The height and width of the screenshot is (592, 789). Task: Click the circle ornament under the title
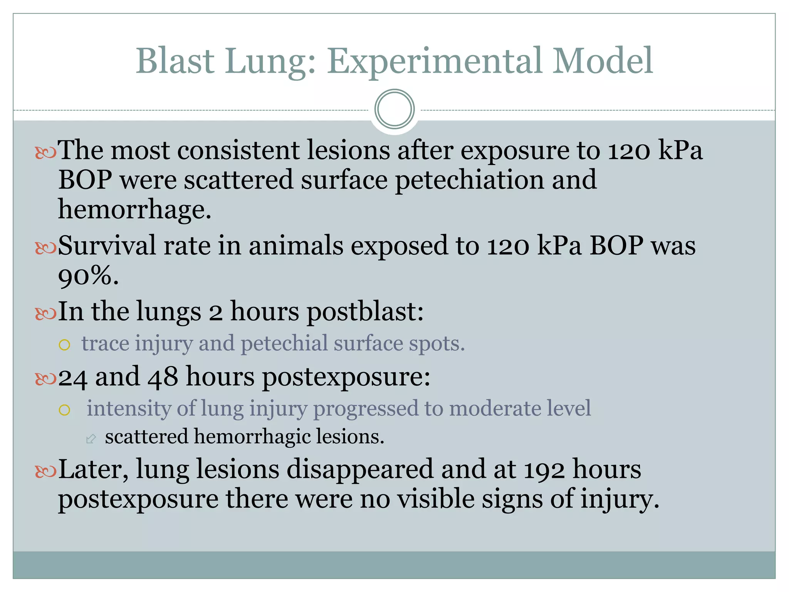pos(394,109)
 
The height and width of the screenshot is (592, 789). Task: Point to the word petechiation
pos(470,180)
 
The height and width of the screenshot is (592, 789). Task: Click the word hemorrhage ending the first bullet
pos(134,209)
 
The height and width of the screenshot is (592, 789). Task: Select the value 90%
pos(88,276)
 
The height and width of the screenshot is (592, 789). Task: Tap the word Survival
pos(107,246)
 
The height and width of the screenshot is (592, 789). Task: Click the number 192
pos(544,469)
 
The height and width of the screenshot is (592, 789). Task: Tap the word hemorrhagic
pos(252,437)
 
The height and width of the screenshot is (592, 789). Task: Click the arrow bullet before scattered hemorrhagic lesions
pos(91,438)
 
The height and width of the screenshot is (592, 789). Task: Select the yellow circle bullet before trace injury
pos(64,345)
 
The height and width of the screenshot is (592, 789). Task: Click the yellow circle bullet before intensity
pos(64,410)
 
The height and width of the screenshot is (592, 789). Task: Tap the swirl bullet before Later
pos(45,471)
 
